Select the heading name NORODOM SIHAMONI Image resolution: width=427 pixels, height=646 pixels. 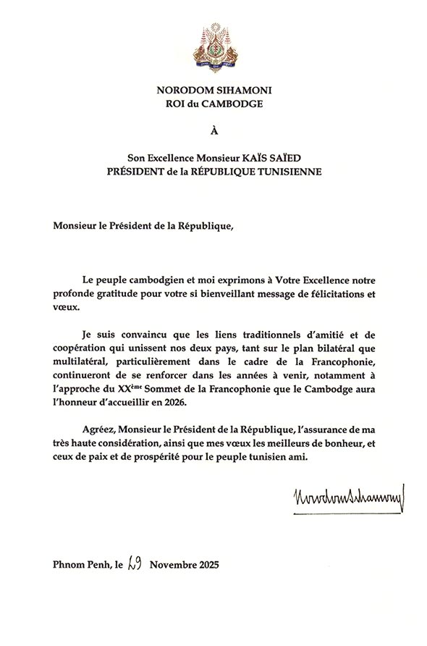coord(213,90)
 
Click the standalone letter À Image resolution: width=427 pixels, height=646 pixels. coord(213,131)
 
